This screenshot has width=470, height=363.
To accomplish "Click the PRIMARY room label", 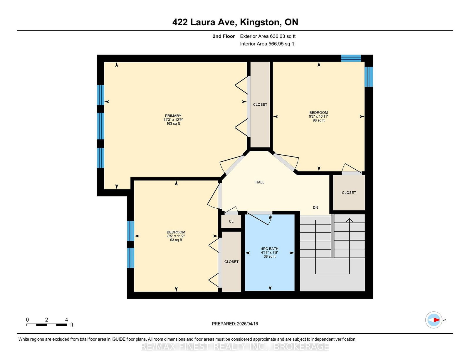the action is point(173,116).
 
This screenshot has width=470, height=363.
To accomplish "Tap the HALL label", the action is point(260,182).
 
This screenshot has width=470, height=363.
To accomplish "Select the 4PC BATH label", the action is point(269,249).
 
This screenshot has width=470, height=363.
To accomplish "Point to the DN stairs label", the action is point(315,207).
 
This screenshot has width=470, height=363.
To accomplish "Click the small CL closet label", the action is point(231,222).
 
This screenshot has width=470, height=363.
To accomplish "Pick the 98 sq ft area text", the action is point(319,120).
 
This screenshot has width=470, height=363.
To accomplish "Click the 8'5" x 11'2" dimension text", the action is point(176,236).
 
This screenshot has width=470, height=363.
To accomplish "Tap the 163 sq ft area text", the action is point(173,124).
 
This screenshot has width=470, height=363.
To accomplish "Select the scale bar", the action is point(46,325).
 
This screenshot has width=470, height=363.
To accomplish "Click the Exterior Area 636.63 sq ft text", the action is point(268,36).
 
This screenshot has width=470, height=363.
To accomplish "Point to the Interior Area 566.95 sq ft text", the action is point(267,44).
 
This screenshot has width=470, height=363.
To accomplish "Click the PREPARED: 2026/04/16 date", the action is point(235,324).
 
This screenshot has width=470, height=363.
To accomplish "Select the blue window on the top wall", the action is point(351,58).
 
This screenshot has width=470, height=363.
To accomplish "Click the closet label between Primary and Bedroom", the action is point(260,104).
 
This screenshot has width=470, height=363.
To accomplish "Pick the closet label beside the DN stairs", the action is point(349,193).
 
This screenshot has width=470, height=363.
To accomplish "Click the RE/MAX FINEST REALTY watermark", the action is point(235,347).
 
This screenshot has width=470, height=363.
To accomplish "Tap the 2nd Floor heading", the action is point(224,36).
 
